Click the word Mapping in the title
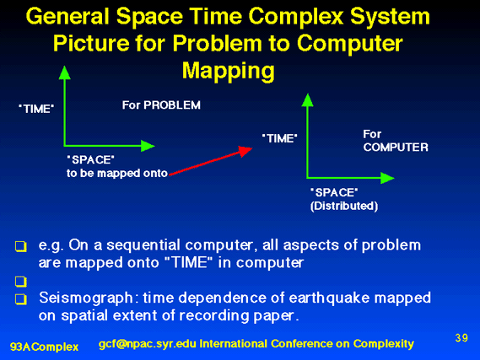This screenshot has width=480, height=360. (x=229, y=71)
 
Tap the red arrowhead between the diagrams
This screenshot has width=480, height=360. (x=245, y=151)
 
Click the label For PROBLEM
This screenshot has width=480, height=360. (x=161, y=105)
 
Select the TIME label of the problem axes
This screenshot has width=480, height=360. (x=36, y=109)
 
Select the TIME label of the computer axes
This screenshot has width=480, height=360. (x=280, y=138)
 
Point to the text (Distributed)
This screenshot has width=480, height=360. (x=344, y=206)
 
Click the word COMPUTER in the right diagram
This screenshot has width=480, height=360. (x=396, y=148)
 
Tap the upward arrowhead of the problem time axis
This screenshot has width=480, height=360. (x=65, y=73)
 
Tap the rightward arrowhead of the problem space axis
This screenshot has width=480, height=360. (x=148, y=146)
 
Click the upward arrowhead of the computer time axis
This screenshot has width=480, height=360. (x=307, y=100)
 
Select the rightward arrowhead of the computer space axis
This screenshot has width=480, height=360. (x=387, y=178)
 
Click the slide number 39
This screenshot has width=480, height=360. (x=461, y=338)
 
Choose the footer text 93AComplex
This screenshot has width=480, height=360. (x=45, y=347)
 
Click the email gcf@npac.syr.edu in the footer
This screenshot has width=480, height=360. (x=148, y=344)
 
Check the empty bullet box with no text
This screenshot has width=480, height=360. (x=21, y=282)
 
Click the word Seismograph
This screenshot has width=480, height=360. (x=86, y=298)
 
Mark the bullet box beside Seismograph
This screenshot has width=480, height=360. (x=21, y=298)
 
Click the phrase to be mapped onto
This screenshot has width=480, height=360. (x=117, y=173)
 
